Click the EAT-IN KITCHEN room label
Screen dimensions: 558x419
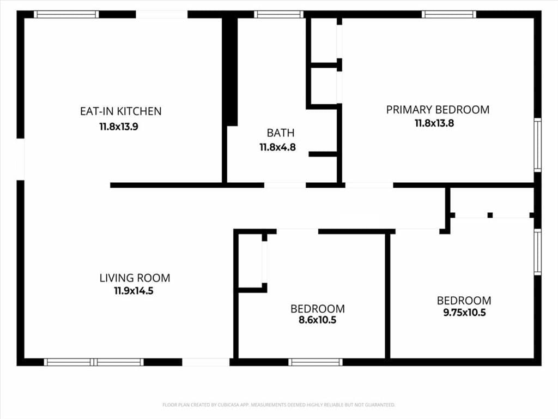point(120,111)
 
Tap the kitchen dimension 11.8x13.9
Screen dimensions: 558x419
point(118,127)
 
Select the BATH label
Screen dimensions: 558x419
point(281,133)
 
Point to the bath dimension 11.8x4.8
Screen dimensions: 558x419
point(277,147)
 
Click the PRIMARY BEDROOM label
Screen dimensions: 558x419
point(438,109)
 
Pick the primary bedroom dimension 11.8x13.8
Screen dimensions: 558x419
point(434,123)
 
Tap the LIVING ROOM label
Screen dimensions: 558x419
point(135,278)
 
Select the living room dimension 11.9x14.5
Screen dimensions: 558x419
point(134,291)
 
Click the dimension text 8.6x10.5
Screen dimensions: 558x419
point(318,320)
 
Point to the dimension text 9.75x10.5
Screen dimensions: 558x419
point(464,313)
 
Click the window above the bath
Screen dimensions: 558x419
point(278,14)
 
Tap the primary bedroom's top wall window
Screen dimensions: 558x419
point(449,14)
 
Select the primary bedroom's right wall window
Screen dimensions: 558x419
point(538,145)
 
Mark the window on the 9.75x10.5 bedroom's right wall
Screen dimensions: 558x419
point(538,252)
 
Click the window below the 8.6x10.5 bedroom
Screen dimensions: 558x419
point(316,362)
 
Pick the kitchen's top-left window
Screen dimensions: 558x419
point(66,14)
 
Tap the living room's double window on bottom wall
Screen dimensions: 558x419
point(94,362)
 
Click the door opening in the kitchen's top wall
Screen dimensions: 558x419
point(161,14)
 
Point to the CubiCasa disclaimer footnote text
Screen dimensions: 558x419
point(278,405)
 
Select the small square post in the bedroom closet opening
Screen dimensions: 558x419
point(490,215)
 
